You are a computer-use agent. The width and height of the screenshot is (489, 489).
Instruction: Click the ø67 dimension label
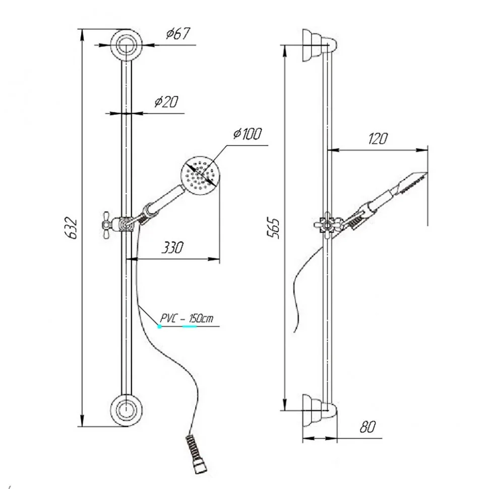178,34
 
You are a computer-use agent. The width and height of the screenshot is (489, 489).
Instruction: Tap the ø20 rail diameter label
166,102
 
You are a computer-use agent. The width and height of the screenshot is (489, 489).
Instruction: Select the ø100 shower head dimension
248,134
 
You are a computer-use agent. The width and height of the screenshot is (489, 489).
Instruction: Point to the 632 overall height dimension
73,228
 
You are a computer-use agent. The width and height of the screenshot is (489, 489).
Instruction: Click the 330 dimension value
172,248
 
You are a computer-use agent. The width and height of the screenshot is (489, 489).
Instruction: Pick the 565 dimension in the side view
274,228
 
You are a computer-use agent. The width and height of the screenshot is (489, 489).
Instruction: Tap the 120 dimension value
378,139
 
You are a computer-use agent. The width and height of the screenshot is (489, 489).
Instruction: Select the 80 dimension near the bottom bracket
368,426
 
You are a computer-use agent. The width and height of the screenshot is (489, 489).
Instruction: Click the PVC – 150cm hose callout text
187,319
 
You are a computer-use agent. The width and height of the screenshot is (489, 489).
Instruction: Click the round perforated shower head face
200,176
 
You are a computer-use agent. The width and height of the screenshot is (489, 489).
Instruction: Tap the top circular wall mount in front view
127,45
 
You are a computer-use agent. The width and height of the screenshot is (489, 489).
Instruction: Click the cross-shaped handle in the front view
107,224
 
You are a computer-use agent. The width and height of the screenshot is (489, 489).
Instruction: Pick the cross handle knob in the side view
327,225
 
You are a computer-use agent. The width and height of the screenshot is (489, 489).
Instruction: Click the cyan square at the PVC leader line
159,327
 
